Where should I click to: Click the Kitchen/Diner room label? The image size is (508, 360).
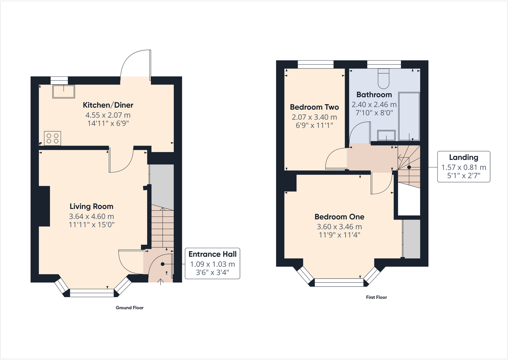pos(108,105)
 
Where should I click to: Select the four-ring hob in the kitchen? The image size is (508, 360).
pos(52,138)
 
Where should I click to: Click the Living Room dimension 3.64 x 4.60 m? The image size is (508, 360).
pos(91,216)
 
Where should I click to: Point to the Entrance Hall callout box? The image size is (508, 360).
pos(212,264)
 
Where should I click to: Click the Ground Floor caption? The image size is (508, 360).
pos(129,308)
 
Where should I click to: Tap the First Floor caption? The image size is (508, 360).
pos(376,297)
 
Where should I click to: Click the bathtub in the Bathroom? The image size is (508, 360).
pos(409,117)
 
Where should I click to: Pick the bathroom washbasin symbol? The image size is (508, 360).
pos(386,135)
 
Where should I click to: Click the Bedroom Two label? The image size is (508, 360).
pos(314,107)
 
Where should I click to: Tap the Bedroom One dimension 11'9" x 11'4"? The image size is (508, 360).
pos(339,235)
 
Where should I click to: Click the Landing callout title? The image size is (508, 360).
pos(464,157)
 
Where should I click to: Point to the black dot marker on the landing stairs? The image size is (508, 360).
pos(409,167)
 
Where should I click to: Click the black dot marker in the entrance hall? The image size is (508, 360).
pos(163,264)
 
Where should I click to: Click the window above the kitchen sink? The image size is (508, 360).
pos(59,80)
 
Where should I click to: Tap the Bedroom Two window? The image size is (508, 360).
pos(316,65)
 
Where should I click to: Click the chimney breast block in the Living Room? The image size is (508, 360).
pos(44,206)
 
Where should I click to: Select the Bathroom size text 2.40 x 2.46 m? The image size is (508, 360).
pos(374,104)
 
